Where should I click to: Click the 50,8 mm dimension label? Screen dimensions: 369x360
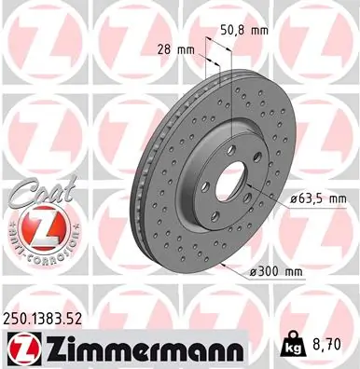pyautogui.click(x=249, y=29)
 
